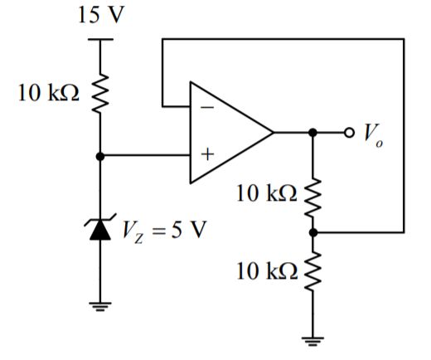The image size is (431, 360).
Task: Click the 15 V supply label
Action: pos(100,17)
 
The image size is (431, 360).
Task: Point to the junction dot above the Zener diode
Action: pos(100,155)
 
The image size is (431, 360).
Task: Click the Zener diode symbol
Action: pos(100,229)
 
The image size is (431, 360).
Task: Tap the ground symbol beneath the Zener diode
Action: pos(100,308)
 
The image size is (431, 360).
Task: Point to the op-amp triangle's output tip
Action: pos(274,132)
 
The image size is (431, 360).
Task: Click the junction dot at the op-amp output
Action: pos(312,132)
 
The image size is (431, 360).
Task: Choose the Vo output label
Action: pos(373,134)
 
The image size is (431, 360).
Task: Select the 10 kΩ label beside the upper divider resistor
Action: pos(264,193)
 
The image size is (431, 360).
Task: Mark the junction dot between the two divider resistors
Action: pos(312,234)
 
